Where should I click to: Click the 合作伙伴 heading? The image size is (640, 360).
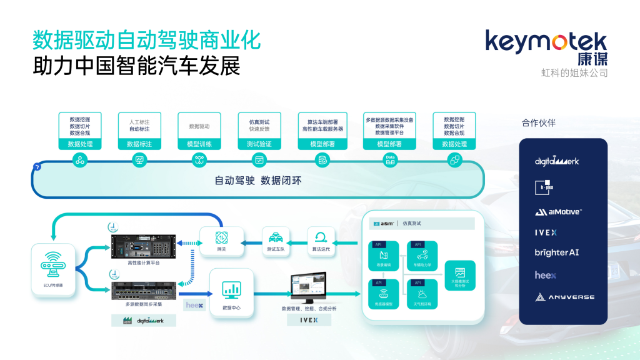point(538,122)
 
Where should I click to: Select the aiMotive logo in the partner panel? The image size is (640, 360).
point(557,212)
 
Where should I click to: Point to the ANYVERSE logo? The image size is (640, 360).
point(564,297)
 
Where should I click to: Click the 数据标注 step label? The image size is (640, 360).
point(139,144)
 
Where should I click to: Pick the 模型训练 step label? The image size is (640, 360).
point(199,144)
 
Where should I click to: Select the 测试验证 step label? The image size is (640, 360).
point(259,144)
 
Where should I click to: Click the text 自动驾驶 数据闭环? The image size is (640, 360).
point(258,181)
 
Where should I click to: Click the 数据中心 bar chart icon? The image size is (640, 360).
point(232,289)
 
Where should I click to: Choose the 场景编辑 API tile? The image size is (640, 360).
point(384,257)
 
